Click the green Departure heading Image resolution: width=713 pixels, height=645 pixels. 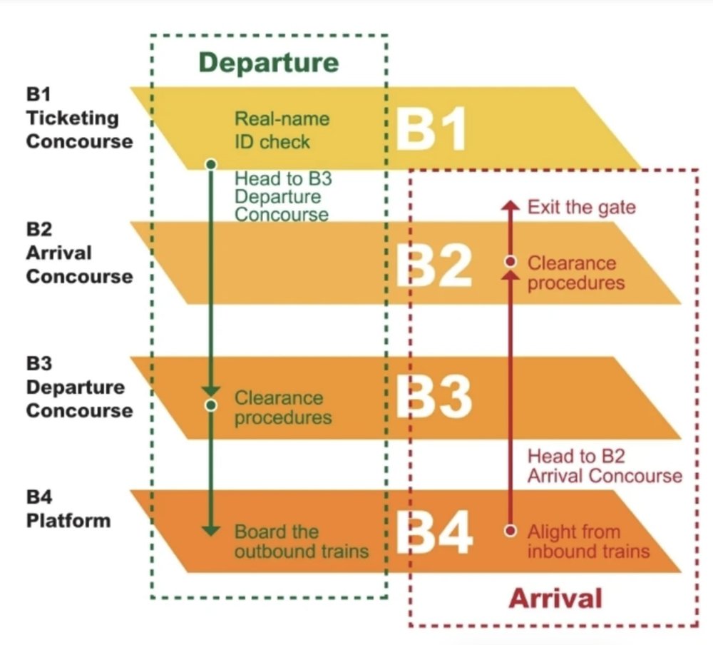click(268, 62)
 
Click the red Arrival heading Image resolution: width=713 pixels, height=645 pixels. click(555, 596)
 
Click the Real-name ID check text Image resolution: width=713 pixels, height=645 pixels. click(272, 130)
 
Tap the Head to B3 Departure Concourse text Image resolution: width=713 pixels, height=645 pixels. click(283, 196)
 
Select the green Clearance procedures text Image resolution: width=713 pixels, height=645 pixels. click(283, 407)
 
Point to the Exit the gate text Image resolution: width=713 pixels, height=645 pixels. click(581, 208)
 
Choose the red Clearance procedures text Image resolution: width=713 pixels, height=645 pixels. click(575, 273)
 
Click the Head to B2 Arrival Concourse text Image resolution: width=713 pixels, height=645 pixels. click(604, 465)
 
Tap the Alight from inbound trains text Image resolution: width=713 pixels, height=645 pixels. click(588, 541)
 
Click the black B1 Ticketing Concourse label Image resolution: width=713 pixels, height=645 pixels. click(78, 118)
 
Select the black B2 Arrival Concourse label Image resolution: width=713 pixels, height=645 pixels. click(78, 253)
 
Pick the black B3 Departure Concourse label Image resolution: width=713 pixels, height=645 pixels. click(78, 387)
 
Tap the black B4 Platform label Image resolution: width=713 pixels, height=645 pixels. click(68, 509)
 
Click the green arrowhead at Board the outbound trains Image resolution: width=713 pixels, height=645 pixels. click(210, 531)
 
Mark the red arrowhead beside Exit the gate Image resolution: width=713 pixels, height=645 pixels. click(509, 205)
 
